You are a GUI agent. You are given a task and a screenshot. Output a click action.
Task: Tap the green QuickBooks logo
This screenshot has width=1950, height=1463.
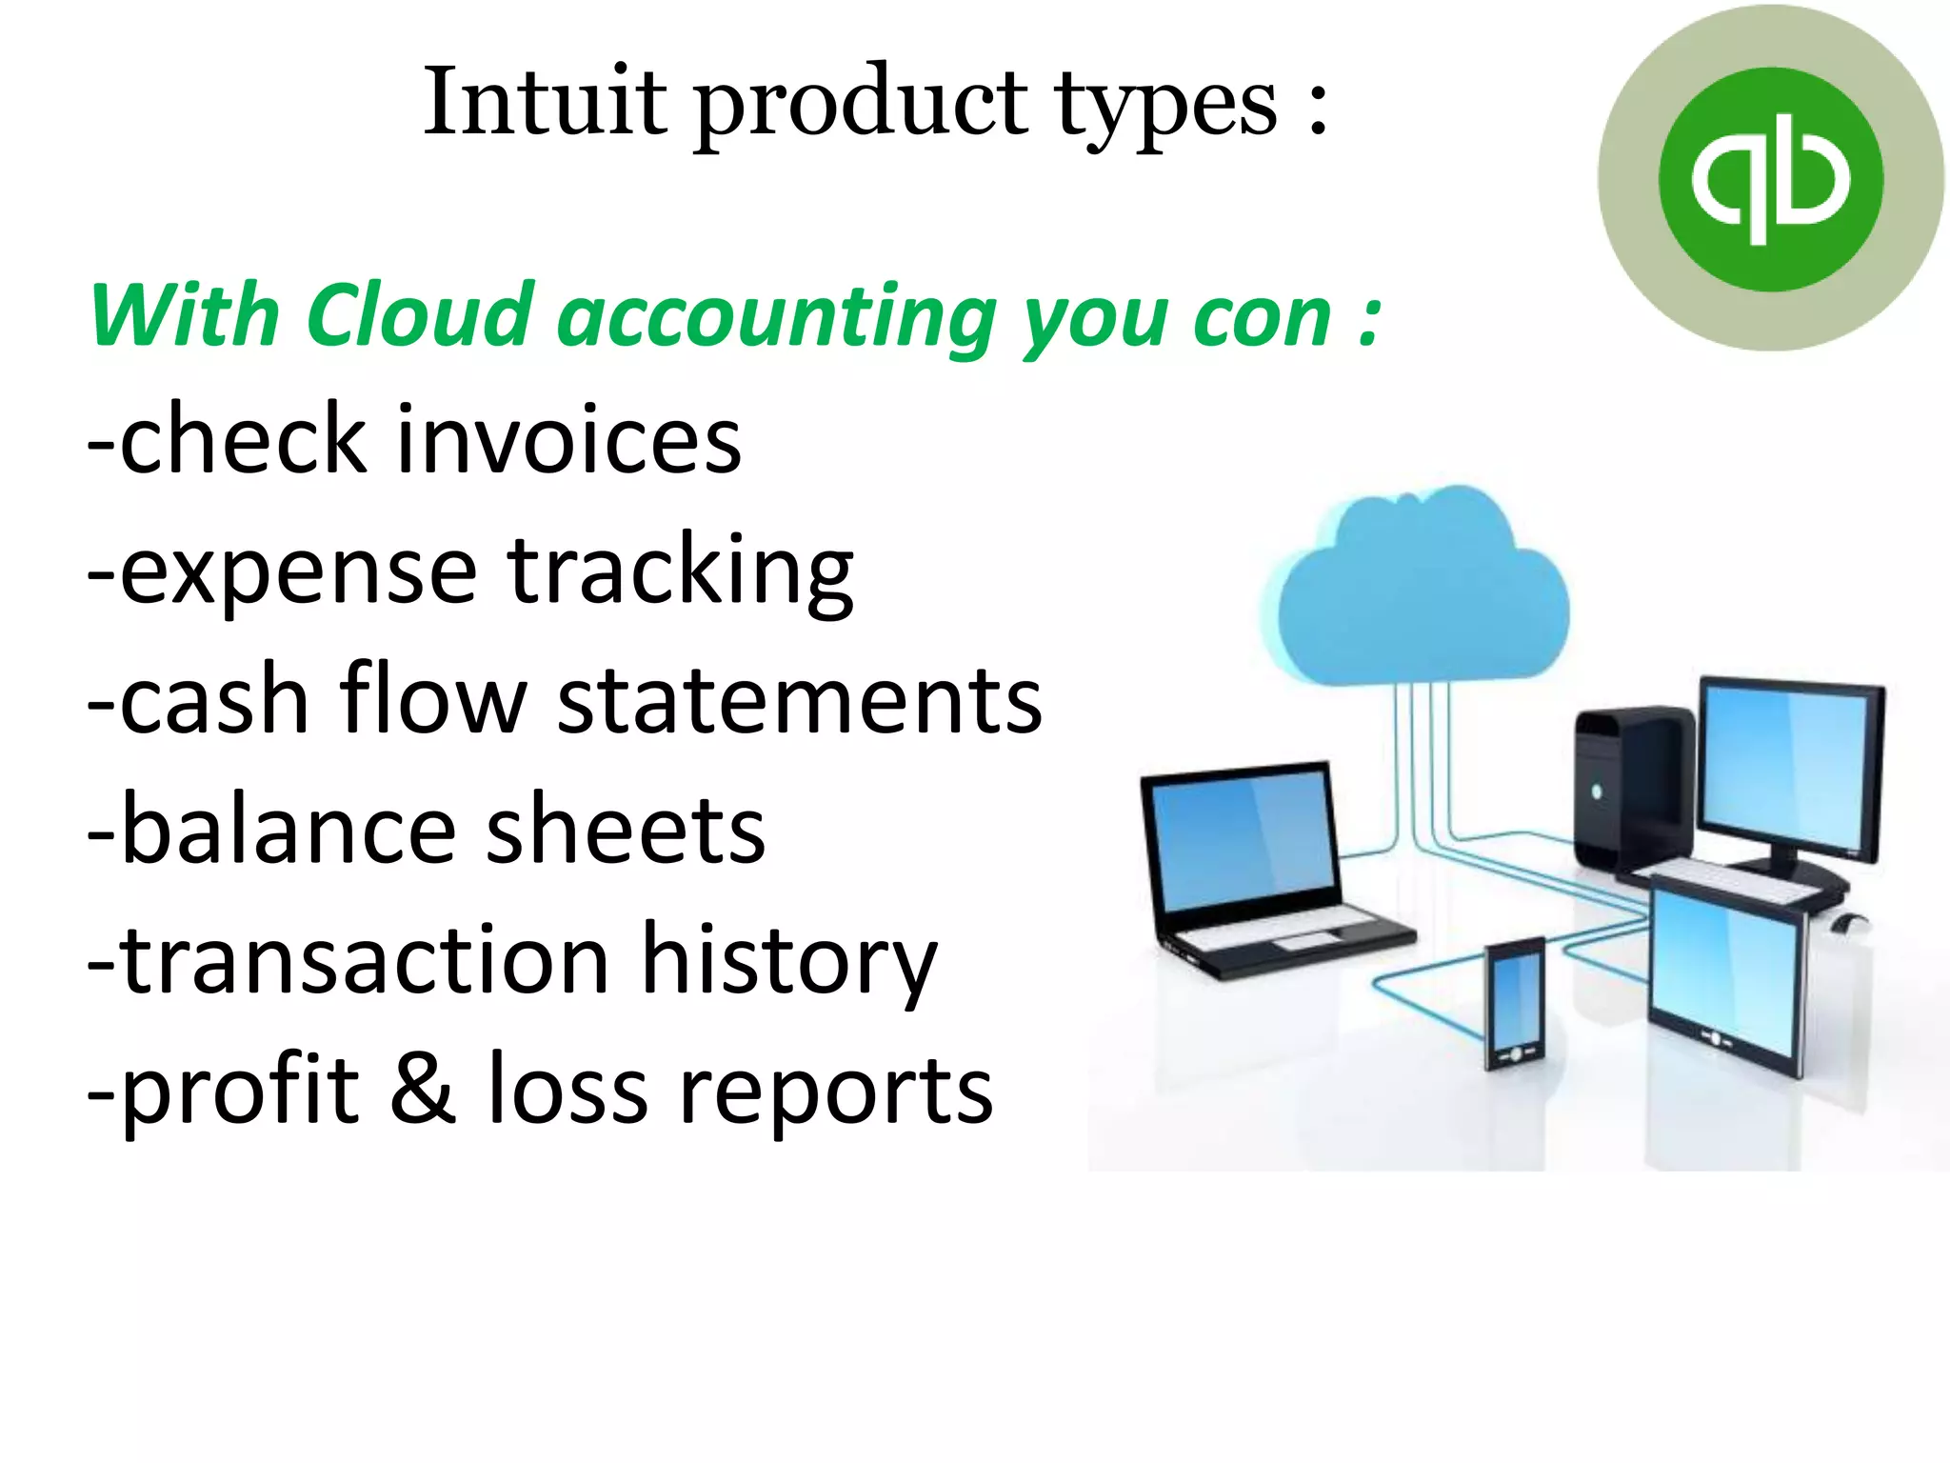[1770, 179]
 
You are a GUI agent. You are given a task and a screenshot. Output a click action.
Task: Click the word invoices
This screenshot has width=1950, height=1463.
[568, 439]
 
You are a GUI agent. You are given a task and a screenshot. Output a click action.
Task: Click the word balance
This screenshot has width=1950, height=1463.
[289, 830]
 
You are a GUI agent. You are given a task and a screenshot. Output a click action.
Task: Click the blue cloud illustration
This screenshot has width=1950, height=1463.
[1417, 591]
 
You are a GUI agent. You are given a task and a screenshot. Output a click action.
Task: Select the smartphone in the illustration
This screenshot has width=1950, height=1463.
[1514, 1005]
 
